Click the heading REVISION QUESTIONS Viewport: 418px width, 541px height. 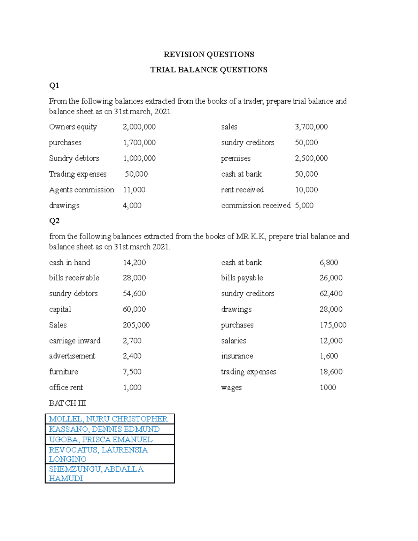(209, 54)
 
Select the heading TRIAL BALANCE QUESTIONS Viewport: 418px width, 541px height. (209, 70)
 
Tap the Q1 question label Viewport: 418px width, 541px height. (54, 85)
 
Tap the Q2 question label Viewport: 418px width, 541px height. (54, 221)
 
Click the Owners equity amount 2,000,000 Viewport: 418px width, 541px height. (139, 127)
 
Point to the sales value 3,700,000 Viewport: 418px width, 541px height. (311, 127)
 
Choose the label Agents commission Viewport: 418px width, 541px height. (82, 190)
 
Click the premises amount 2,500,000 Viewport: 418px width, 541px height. (311, 158)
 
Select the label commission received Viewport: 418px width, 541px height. (256, 206)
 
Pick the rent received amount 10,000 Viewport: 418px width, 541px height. (306, 190)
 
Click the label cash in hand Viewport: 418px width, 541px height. (70, 262)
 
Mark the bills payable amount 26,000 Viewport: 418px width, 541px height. (331, 278)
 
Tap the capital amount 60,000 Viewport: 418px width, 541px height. (134, 309)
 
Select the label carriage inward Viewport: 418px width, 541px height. (75, 341)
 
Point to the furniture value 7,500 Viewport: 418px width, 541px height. (132, 372)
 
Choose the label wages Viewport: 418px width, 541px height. (231, 388)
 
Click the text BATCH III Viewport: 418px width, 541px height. (68, 403)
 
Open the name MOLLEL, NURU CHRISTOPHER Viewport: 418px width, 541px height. (108, 419)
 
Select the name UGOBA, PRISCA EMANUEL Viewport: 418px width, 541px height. (101, 439)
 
